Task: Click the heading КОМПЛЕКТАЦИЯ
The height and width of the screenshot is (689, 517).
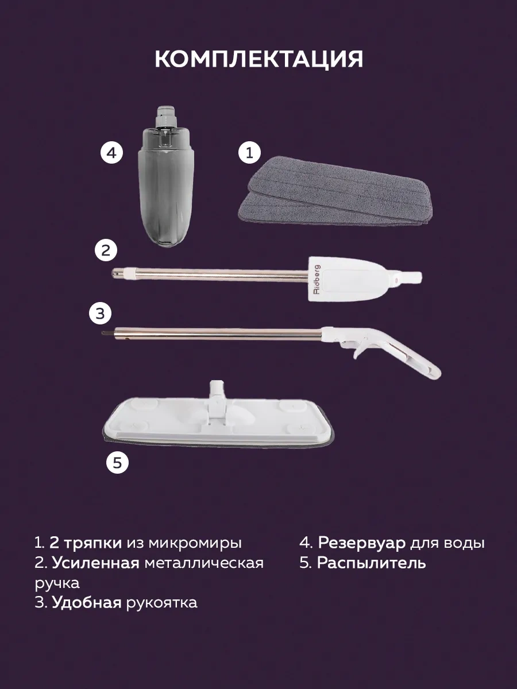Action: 258,59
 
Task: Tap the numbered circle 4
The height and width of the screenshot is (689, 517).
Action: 112,153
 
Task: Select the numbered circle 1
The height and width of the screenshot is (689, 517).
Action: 249,153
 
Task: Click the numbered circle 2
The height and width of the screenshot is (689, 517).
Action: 105,250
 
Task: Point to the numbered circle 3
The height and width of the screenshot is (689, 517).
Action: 100,313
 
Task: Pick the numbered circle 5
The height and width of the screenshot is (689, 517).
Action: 117,463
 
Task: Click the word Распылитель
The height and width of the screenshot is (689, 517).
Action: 371,563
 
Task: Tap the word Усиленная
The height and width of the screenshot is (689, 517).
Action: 95,563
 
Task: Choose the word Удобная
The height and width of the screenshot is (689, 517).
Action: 87,602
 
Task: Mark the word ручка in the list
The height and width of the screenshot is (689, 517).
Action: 57,583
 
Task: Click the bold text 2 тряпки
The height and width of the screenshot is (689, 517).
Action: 85,543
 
